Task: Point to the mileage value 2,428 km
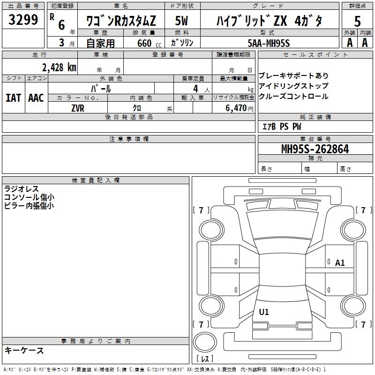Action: pyautogui.click(x=58, y=67)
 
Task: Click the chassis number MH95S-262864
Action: pyautogui.click(x=315, y=149)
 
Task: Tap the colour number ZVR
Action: pyautogui.click(x=78, y=108)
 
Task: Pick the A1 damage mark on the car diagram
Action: pyautogui.click(x=340, y=263)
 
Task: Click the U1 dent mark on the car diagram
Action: pyautogui.click(x=264, y=312)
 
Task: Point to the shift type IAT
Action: pyautogui.click(x=13, y=97)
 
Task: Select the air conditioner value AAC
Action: pyautogui.click(x=36, y=97)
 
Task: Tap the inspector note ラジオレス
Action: pyautogui.click(x=22, y=189)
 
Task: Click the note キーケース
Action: pyautogui.click(x=24, y=350)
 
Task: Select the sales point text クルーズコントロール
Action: pyautogui.click(x=293, y=97)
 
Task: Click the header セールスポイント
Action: pyautogui.click(x=309, y=55)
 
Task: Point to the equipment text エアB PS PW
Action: pyautogui.click(x=281, y=127)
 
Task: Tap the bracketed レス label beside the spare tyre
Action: pyautogui.click(x=205, y=359)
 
